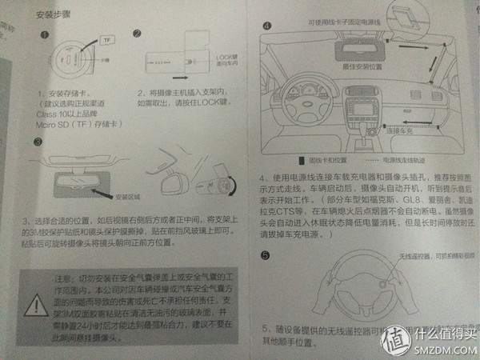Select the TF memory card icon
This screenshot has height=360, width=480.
(110, 38)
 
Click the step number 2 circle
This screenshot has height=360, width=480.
(137, 34)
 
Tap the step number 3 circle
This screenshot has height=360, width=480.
(38, 142)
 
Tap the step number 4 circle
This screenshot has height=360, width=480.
(266, 26)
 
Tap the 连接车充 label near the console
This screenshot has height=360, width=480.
(398, 129)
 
